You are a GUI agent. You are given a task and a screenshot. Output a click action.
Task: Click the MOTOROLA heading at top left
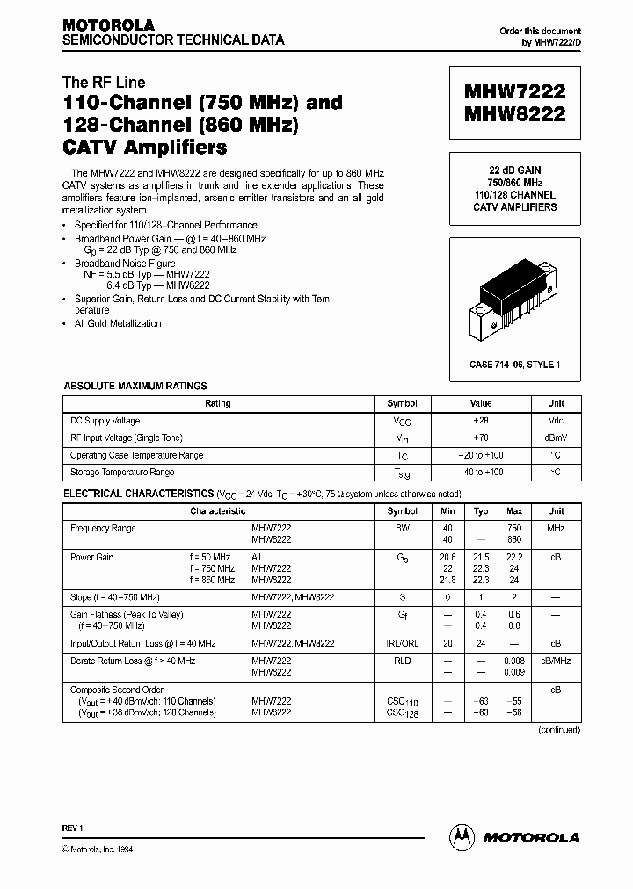pyautogui.click(x=108, y=25)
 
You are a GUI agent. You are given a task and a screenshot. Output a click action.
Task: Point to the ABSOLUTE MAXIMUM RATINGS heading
pyautogui.click(x=135, y=386)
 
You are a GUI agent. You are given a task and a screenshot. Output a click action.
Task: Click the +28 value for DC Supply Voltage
pyautogui.click(x=481, y=421)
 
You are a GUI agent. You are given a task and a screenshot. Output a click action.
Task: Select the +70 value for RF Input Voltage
pyautogui.click(x=481, y=437)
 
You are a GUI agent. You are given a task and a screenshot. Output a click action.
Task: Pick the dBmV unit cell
pyautogui.click(x=556, y=437)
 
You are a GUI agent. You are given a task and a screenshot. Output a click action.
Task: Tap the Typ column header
pyautogui.click(x=481, y=510)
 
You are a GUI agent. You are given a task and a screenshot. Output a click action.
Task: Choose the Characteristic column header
pyautogui.click(x=217, y=510)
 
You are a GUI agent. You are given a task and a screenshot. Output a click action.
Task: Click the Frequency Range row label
pyautogui.click(x=103, y=529)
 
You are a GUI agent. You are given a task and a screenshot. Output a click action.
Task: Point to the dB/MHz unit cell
pyautogui.click(x=556, y=661)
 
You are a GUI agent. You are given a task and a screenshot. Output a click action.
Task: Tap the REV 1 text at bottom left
pyautogui.click(x=72, y=829)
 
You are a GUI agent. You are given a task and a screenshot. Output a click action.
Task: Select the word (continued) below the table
pyautogui.click(x=558, y=729)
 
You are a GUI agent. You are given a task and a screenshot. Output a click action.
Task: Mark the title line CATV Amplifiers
pyautogui.click(x=144, y=147)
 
